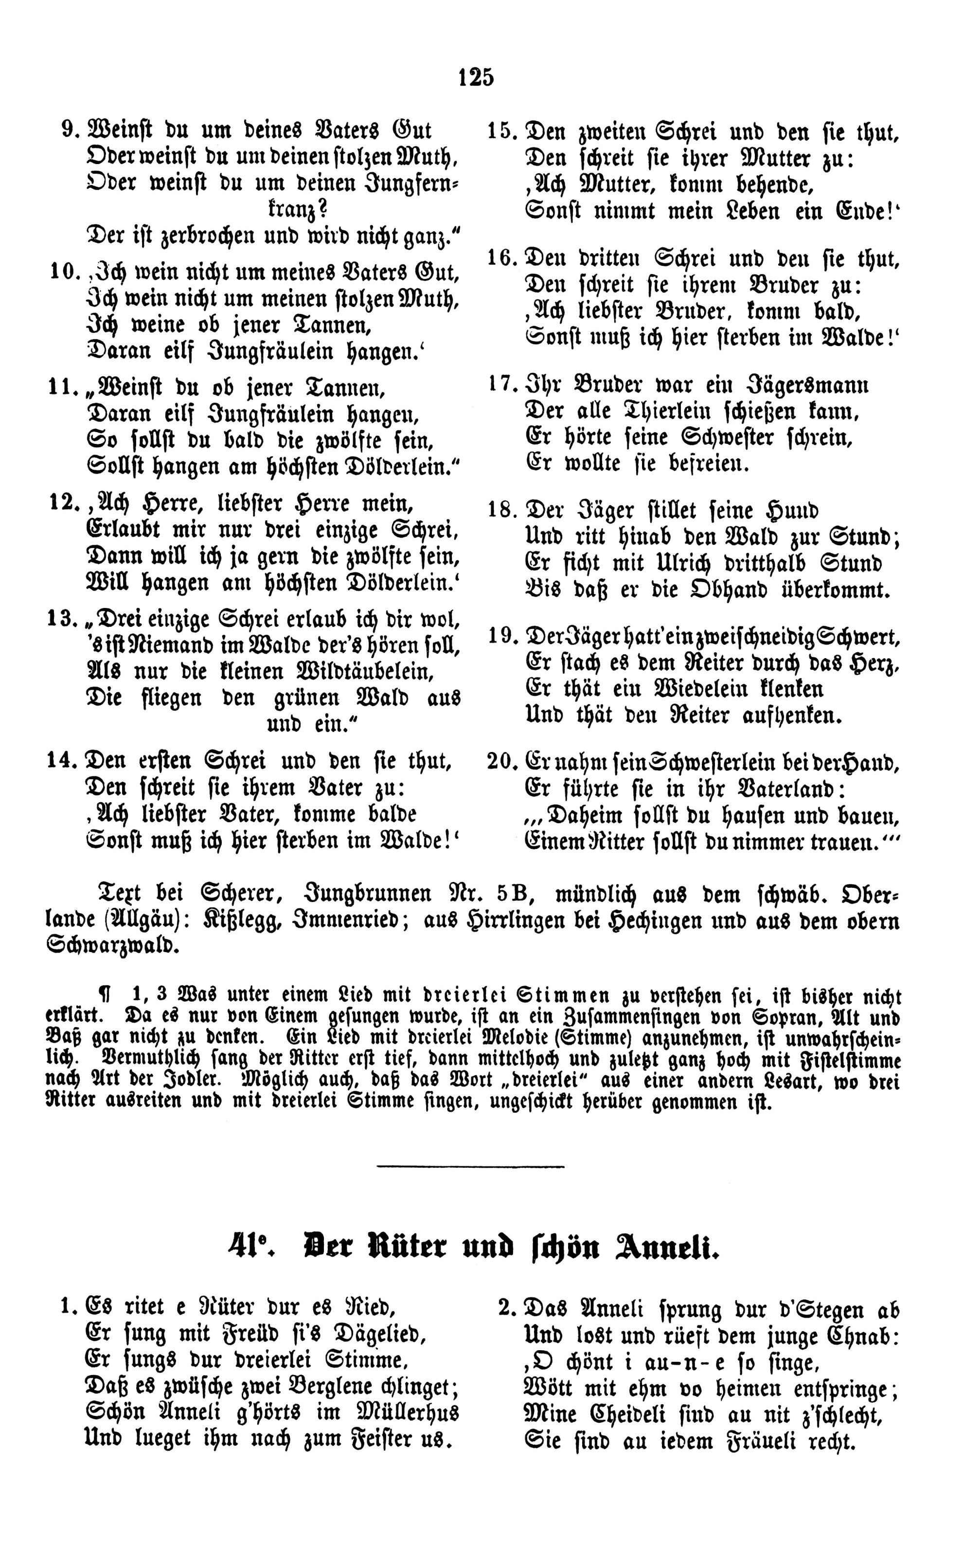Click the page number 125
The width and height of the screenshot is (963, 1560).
pos(476,77)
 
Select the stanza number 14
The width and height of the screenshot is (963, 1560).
pos(62,762)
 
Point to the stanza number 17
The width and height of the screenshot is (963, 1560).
pos(502,385)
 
